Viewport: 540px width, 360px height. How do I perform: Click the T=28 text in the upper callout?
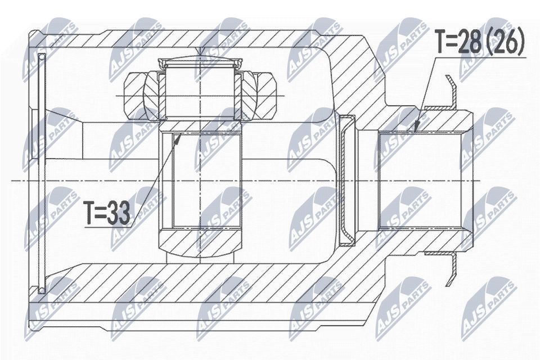click(x=458, y=42)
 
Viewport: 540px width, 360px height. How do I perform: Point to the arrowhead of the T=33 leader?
click(x=179, y=137)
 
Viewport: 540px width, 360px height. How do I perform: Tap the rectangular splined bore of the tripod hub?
click(x=200, y=180)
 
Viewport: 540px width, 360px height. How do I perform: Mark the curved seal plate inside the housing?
click(x=347, y=180)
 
